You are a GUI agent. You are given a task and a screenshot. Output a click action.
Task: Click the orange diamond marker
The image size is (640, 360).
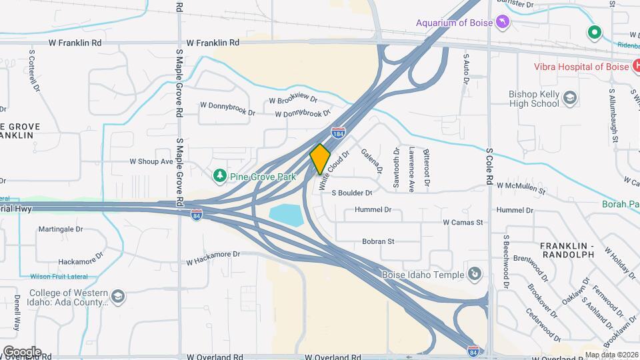click(320, 159)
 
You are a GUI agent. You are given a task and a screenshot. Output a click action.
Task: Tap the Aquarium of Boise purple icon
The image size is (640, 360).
click(503, 23)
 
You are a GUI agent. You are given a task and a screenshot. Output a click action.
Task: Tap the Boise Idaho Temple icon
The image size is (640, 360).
click(474, 273)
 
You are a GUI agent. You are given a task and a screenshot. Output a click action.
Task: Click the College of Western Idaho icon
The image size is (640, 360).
click(118, 296)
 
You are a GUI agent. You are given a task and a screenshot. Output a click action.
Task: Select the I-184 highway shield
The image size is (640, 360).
click(339, 133)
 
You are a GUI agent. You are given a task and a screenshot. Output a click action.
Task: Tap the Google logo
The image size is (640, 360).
click(21, 351)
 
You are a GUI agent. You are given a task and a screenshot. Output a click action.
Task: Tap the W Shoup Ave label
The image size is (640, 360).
click(151, 161)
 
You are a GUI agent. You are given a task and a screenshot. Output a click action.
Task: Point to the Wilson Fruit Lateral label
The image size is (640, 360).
click(59, 277)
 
